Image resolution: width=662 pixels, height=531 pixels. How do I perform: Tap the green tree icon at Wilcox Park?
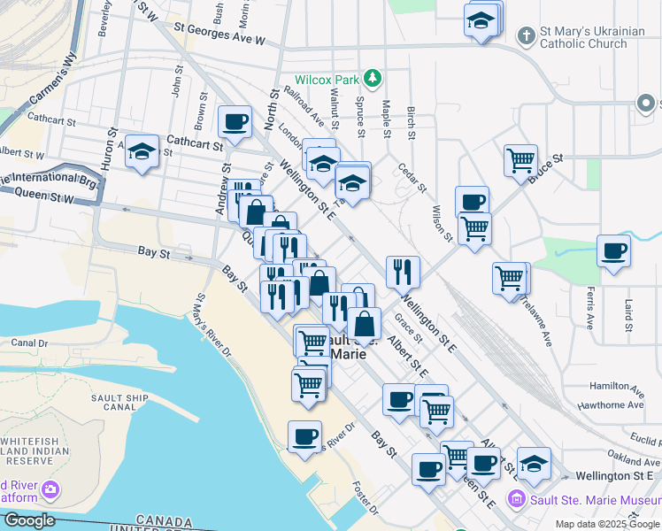(x=373, y=78)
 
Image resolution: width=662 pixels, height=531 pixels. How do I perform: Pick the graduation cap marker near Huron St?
(x=142, y=151)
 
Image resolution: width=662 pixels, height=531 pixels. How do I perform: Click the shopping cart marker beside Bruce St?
(x=520, y=160)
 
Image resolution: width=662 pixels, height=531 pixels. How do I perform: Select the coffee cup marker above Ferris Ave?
(x=613, y=251)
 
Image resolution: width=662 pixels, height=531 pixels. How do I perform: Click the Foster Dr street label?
(x=365, y=497)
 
